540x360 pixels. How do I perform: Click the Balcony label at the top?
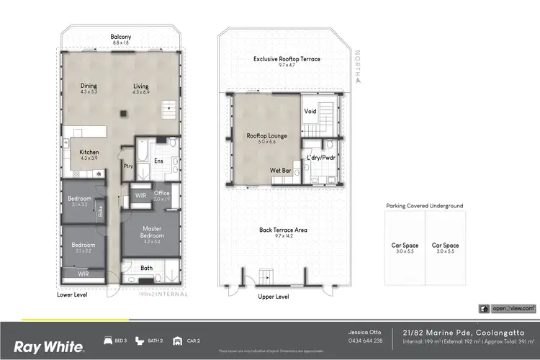point(120,37)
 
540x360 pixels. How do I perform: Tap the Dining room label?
point(89,86)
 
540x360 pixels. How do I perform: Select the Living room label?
point(140,86)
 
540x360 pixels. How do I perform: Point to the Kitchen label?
point(89,152)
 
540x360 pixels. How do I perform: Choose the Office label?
point(161,192)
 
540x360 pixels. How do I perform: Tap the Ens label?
point(158,161)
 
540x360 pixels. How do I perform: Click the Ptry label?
point(128,166)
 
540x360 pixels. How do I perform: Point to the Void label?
point(310,111)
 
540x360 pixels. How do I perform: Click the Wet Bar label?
point(280,171)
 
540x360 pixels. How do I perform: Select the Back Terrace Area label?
point(283,230)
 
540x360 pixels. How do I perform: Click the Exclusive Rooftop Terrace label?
point(287,59)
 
